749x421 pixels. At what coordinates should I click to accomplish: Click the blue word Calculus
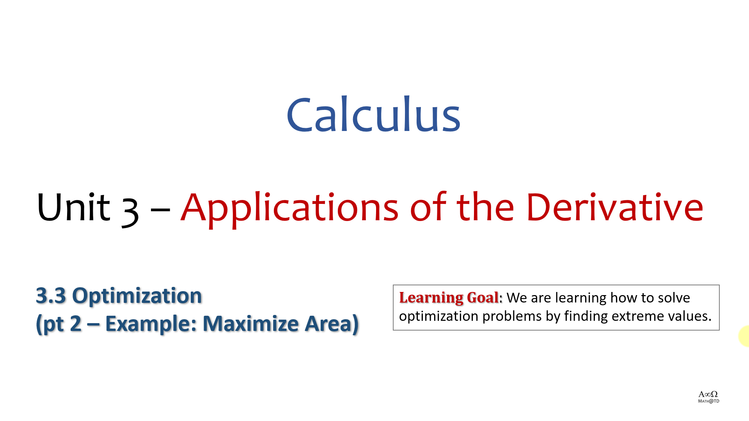tap(374, 114)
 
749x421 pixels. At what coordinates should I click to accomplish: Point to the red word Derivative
tap(615, 207)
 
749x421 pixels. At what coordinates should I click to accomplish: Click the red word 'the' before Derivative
tap(485, 207)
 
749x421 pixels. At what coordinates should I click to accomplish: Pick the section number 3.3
tap(51, 295)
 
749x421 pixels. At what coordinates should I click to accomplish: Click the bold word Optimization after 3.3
tap(137, 295)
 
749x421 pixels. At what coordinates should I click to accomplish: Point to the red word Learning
tap(431, 298)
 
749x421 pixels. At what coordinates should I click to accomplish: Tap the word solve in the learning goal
tap(674, 297)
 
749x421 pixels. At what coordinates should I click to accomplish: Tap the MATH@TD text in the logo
tap(708, 401)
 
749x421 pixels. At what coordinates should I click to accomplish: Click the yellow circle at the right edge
tap(744, 336)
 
